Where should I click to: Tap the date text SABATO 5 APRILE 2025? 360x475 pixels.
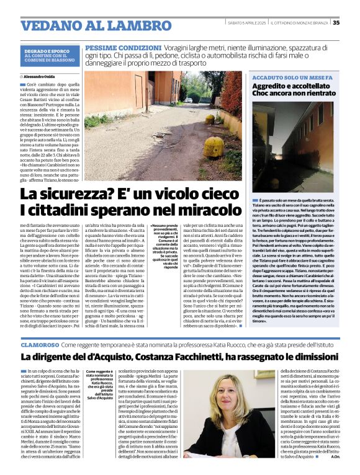(x=248, y=23)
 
